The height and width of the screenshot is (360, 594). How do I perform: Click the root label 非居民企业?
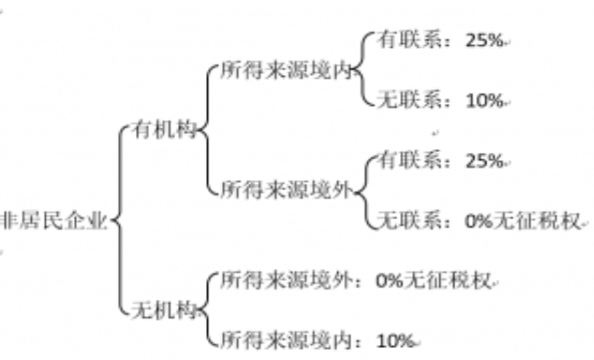tap(53, 220)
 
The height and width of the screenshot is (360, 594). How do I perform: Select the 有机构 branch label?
tap(164, 129)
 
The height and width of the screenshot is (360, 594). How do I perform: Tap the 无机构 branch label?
tap(164, 310)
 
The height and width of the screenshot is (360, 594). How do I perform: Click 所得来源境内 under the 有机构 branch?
tap(287, 69)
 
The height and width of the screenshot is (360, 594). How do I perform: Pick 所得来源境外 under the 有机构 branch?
tap(287, 189)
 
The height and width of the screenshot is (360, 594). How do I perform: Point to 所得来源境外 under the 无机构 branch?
tap(287, 280)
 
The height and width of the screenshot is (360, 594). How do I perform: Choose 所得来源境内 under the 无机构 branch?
tap(287, 339)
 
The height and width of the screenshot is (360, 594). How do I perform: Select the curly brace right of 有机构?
tap(208, 129)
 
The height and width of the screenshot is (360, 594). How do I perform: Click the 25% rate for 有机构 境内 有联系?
tap(484, 40)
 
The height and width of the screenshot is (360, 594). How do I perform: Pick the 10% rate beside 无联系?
tap(484, 100)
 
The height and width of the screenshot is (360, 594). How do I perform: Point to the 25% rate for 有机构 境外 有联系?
tap(484, 160)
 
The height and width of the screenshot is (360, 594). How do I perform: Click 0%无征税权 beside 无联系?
tap(523, 220)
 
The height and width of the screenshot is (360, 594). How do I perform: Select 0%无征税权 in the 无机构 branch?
tap(433, 280)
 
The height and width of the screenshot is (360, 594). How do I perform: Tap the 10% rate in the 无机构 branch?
tap(395, 340)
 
